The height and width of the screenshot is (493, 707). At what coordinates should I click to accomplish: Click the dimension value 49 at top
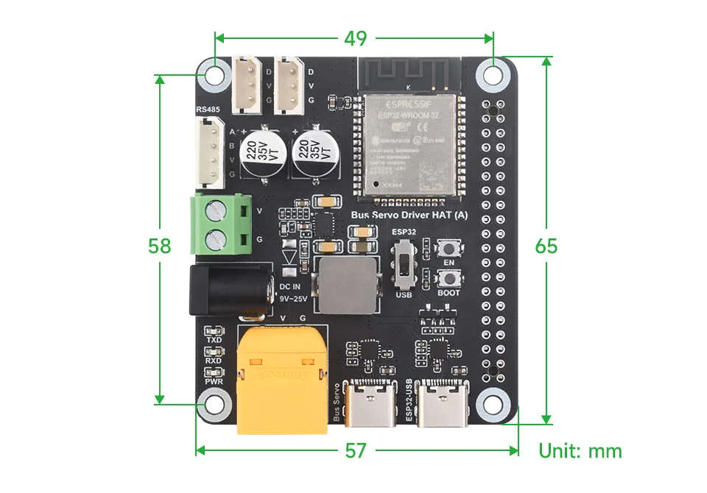click(355, 38)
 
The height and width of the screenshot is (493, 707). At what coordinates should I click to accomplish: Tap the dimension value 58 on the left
click(160, 245)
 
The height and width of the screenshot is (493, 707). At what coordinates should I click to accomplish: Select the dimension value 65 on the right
click(546, 245)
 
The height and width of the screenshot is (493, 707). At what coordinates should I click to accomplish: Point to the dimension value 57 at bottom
click(356, 450)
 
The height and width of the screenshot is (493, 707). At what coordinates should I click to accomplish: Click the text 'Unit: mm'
click(580, 450)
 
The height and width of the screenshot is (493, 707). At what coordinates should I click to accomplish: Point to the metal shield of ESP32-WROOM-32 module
click(407, 143)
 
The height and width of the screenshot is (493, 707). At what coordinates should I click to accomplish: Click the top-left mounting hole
click(215, 74)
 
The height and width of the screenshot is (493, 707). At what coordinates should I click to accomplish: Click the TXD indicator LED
click(214, 330)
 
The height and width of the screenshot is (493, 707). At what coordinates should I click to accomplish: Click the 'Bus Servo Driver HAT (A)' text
click(408, 215)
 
